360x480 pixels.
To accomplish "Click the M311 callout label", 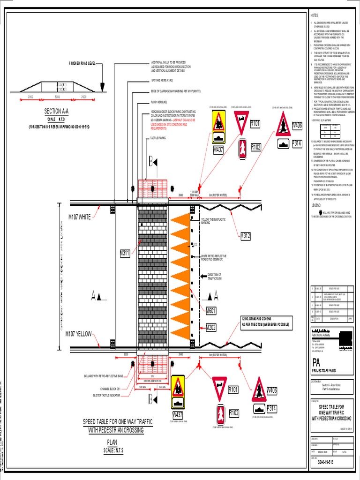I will pos(125,254).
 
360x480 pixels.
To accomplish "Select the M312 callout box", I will pos(246,236).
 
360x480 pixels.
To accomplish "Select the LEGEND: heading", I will pos(316,205).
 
